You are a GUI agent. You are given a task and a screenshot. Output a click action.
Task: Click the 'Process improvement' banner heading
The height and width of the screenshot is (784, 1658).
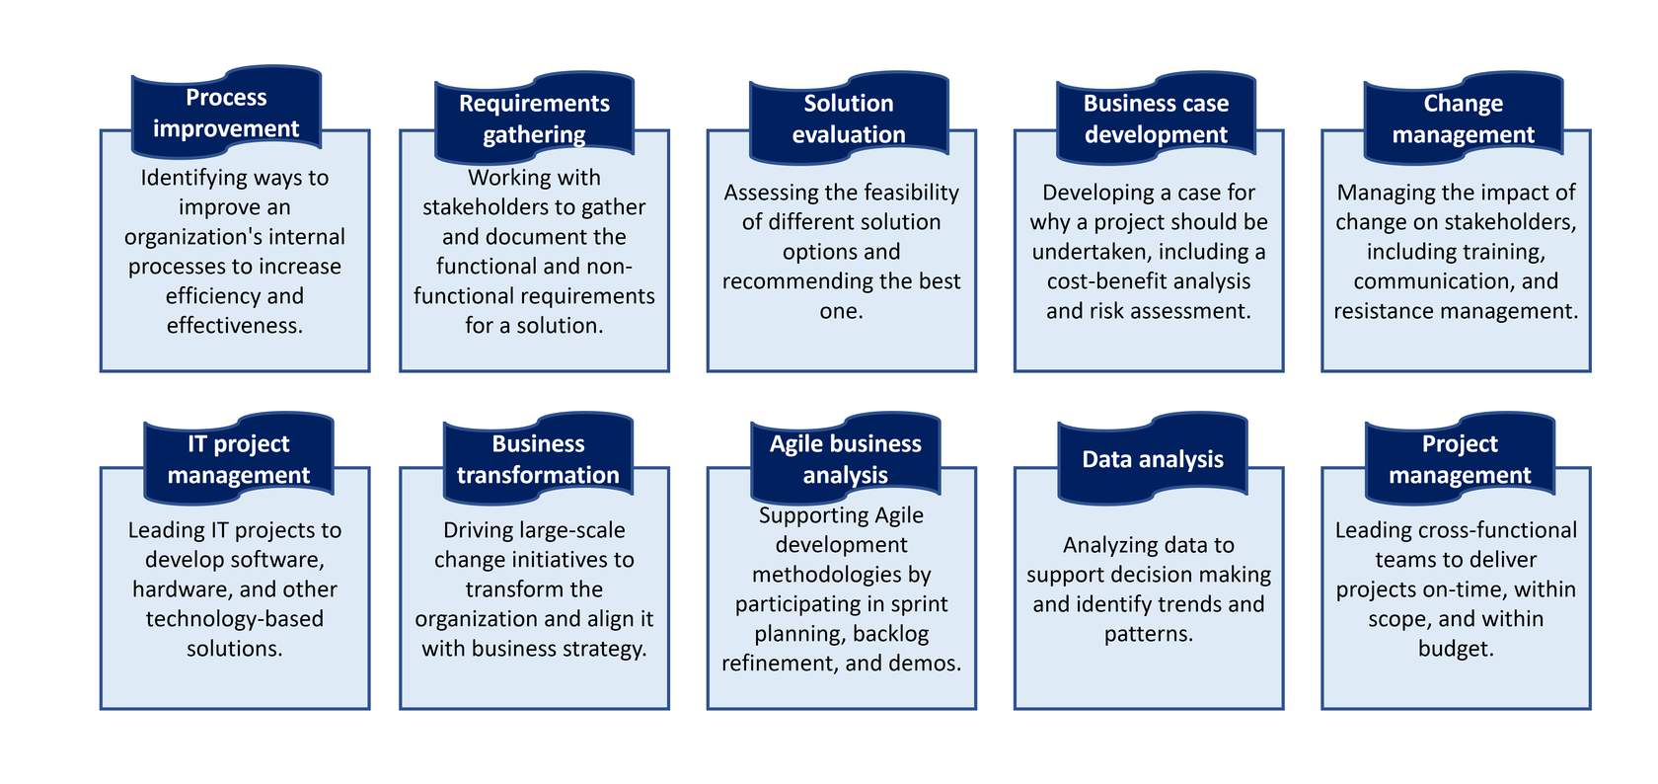point(226,113)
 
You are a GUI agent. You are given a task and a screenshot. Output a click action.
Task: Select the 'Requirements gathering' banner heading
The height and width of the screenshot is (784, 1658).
point(534,118)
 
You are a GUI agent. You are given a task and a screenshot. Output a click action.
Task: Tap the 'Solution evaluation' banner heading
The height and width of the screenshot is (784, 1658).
point(849,118)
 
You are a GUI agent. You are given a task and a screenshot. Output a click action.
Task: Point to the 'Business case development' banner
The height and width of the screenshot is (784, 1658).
point(1156,118)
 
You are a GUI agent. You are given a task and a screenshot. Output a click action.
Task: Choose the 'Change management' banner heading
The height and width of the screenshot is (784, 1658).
point(1463,118)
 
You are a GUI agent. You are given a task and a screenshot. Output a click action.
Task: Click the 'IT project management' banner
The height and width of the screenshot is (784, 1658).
point(239,459)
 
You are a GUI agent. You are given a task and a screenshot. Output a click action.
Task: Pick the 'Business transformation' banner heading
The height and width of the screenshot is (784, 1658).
point(538,459)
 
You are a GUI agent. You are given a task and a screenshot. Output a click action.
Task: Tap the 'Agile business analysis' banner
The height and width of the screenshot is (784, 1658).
point(845,459)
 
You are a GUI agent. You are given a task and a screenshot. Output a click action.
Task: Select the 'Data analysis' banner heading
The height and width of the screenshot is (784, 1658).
point(1153,459)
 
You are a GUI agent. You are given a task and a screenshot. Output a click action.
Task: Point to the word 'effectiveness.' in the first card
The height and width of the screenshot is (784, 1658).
point(235,326)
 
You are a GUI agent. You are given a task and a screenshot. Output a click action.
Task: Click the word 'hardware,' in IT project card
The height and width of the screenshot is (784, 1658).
point(183,590)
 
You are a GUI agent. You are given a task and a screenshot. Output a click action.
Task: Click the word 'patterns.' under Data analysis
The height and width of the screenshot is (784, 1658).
point(1149,635)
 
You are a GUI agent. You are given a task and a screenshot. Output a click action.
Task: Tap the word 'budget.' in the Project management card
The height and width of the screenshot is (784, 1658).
point(1456,650)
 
